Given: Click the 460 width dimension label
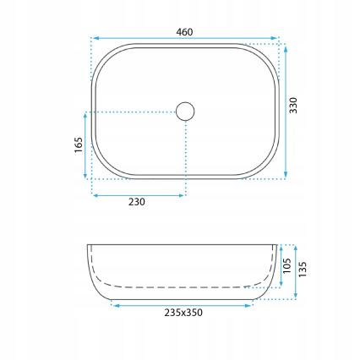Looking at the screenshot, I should (185, 32).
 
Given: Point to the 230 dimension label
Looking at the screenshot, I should (137, 202).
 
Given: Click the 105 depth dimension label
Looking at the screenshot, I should (286, 267).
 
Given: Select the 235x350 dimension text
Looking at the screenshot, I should (183, 313).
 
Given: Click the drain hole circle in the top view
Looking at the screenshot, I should (185, 110).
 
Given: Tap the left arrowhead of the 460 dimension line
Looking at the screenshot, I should (95, 39).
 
